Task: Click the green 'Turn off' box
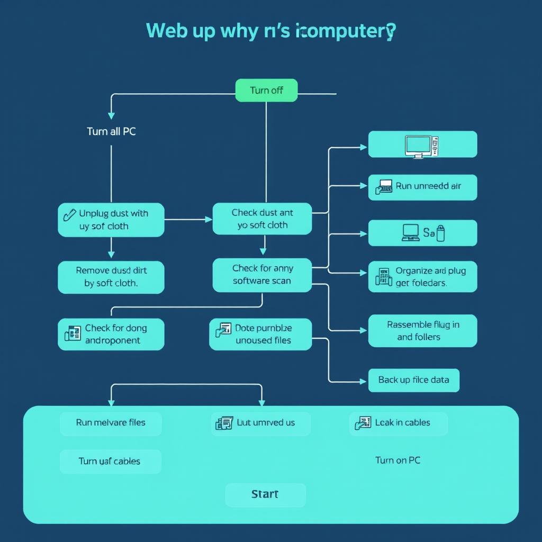coord(266,91)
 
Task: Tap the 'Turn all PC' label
coord(111,132)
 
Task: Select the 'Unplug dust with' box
coord(111,220)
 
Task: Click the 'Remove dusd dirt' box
coord(111,277)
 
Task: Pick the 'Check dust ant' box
coord(262,219)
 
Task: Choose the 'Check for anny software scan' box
coord(262,275)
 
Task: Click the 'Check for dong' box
coord(111,334)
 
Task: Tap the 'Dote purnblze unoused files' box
coord(260,334)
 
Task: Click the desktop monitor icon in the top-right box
coord(414,146)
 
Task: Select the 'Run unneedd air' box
coord(422,187)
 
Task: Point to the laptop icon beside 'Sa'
coord(410,233)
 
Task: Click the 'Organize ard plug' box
coord(422,276)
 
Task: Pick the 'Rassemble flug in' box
coord(422,331)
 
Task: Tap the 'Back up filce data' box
coord(413,380)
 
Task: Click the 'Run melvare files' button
coord(111,423)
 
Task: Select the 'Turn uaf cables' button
coord(110,461)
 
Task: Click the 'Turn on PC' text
coord(398,460)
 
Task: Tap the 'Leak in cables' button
coord(398,423)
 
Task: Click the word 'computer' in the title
coord(345,31)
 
